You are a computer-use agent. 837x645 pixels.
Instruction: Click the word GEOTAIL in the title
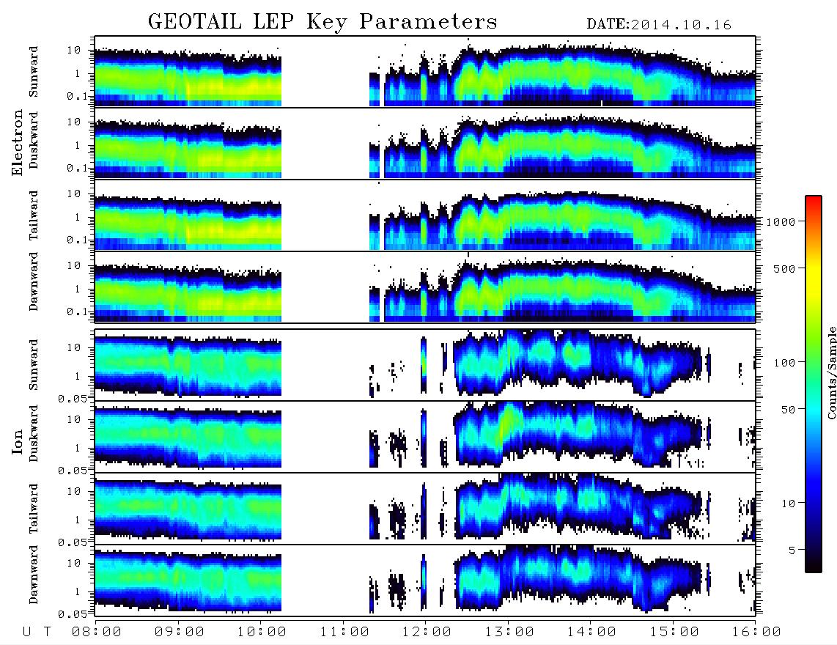click(195, 22)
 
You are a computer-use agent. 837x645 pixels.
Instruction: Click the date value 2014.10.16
click(681, 25)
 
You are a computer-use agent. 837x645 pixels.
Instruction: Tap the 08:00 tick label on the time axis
click(97, 633)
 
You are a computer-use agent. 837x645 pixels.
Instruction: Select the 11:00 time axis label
click(344, 633)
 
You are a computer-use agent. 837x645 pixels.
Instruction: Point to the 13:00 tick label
click(509, 633)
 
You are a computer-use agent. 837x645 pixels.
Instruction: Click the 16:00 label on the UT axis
click(756, 633)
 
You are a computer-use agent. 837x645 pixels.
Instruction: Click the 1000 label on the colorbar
click(781, 221)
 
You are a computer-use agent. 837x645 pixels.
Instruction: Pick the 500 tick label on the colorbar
click(785, 268)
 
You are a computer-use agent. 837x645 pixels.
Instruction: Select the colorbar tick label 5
click(792, 550)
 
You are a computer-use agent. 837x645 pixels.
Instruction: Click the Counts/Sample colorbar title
click(831, 372)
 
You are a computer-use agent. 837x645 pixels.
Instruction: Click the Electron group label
click(17, 143)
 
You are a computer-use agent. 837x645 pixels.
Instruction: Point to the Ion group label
click(17, 441)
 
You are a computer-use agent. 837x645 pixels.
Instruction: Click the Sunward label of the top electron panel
click(33, 72)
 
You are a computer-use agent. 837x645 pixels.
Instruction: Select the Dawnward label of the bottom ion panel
click(33, 574)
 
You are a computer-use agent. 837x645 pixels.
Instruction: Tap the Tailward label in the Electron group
click(33, 215)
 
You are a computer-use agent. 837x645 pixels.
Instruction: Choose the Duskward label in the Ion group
click(33, 434)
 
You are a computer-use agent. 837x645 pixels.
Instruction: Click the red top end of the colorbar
click(814, 198)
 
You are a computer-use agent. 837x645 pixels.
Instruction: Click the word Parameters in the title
click(428, 22)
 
